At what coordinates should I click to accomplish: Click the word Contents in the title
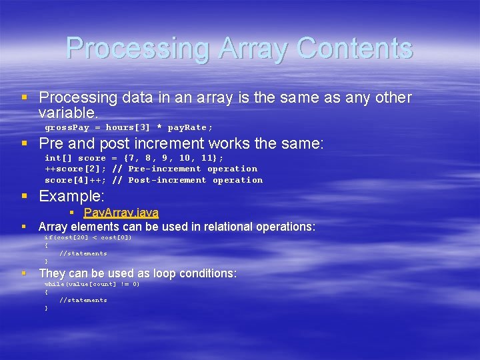click(x=355, y=48)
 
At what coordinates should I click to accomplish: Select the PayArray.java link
click(x=121, y=213)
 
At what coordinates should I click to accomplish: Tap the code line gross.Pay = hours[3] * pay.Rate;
click(x=129, y=127)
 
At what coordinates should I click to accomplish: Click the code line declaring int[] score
click(x=134, y=158)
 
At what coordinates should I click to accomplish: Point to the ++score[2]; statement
click(x=75, y=169)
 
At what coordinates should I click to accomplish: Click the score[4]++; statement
click(x=75, y=180)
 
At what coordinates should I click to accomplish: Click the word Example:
click(x=72, y=196)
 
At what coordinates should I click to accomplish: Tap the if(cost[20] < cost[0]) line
click(x=88, y=237)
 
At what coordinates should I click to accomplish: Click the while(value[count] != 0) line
click(x=92, y=284)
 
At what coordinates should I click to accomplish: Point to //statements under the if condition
click(x=83, y=253)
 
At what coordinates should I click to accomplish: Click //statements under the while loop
click(x=83, y=300)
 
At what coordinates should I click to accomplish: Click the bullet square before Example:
click(x=25, y=196)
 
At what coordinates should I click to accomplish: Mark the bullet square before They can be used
click(x=25, y=273)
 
